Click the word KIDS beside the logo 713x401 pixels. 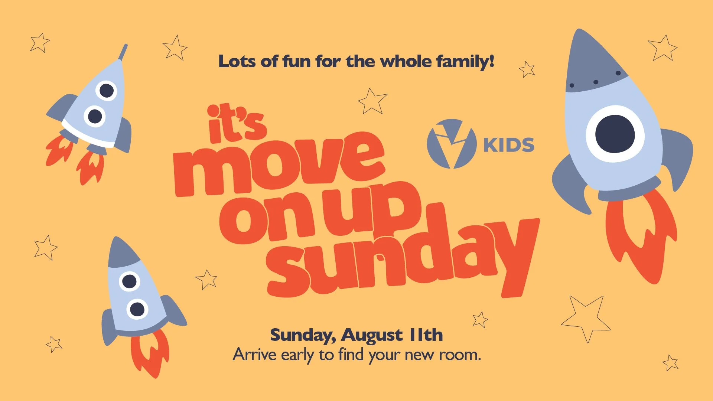pyautogui.click(x=509, y=145)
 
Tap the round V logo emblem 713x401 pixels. pyautogui.click(x=452, y=144)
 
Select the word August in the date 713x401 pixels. pyautogui.click(x=372, y=335)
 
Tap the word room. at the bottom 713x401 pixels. pyautogui.click(x=460, y=355)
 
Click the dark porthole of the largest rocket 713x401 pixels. pyautogui.click(x=615, y=134)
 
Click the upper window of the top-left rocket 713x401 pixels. pyautogui.click(x=107, y=90)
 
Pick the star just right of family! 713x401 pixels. pyautogui.click(x=527, y=69)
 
